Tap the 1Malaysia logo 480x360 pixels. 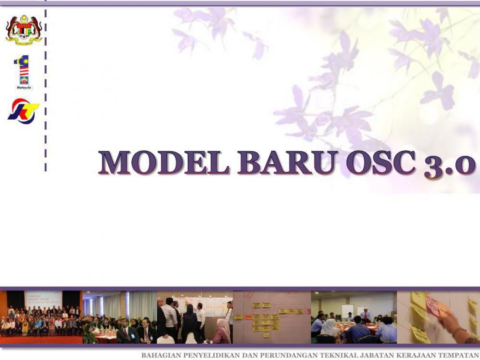[24, 72]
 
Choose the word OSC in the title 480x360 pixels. [380, 163]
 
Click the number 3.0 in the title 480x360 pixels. [449, 164]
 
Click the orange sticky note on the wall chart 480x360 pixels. [248, 317]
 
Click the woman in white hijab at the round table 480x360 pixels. [330, 327]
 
